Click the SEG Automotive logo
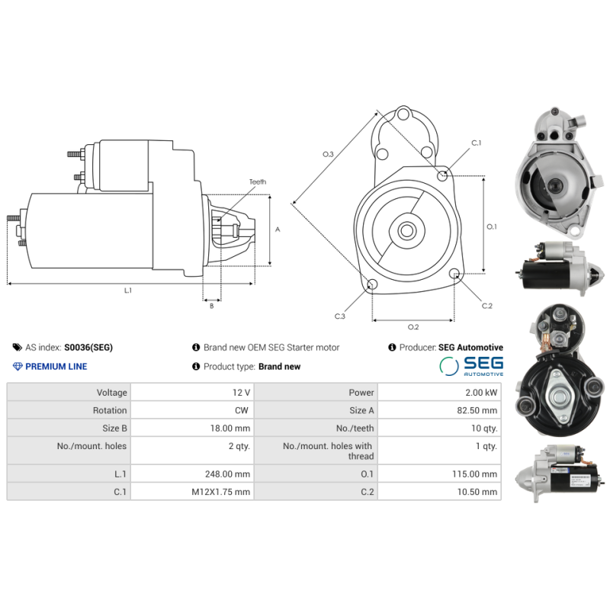pos(471,366)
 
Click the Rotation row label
pos(110,410)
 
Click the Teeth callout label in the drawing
pos(257,182)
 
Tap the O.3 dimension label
pos(328,154)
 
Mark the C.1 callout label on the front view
pos(477,143)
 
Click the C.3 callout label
pos(339,316)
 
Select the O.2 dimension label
pos(413,327)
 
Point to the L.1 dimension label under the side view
pos(128,291)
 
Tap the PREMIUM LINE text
pos(56,366)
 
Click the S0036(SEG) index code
pos(88,347)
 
